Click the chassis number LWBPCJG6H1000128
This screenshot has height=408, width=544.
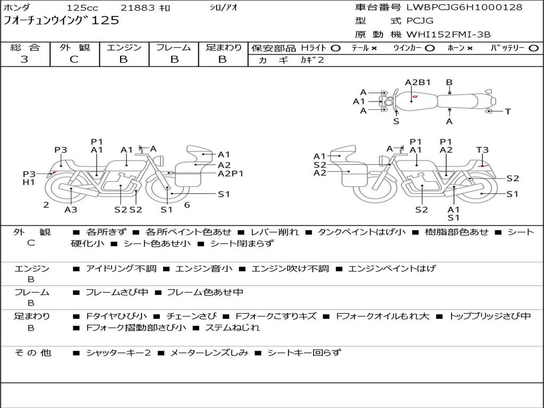(x=464, y=7)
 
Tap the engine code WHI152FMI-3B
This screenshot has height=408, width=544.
(x=448, y=35)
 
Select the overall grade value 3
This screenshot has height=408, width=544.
(x=24, y=59)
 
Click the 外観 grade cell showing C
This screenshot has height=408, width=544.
(x=74, y=59)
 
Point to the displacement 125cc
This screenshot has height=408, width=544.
(x=82, y=7)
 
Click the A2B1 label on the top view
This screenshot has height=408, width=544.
(x=418, y=82)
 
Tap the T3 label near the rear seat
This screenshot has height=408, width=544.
(x=482, y=150)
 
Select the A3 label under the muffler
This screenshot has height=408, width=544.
(x=71, y=209)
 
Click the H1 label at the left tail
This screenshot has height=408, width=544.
(x=29, y=182)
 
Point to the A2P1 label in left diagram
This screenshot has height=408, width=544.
(x=231, y=174)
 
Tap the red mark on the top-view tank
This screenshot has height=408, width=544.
(x=414, y=97)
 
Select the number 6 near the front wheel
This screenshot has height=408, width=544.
(x=187, y=205)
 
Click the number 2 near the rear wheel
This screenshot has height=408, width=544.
(x=46, y=205)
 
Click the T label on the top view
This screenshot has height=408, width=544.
(x=508, y=112)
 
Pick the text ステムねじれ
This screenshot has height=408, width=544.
(x=233, y=327)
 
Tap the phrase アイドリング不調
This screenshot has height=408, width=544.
(x=121, y=268)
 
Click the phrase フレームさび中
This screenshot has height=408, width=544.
(x=117, y=292)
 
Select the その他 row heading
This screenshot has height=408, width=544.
(x=33, y=353)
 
